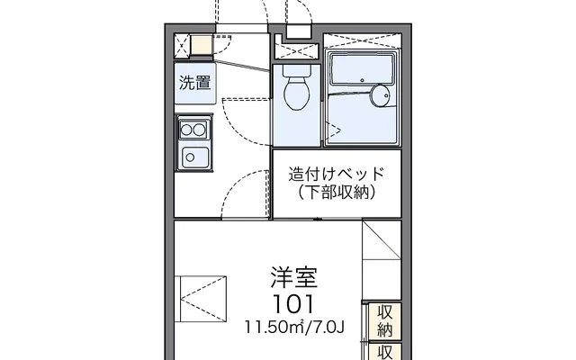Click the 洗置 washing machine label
[193, 83]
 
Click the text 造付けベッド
[336, 174]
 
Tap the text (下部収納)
[336, 192]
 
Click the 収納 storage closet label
[384, 320]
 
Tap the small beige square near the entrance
[202, 42]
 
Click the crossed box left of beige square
[184, 42]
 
